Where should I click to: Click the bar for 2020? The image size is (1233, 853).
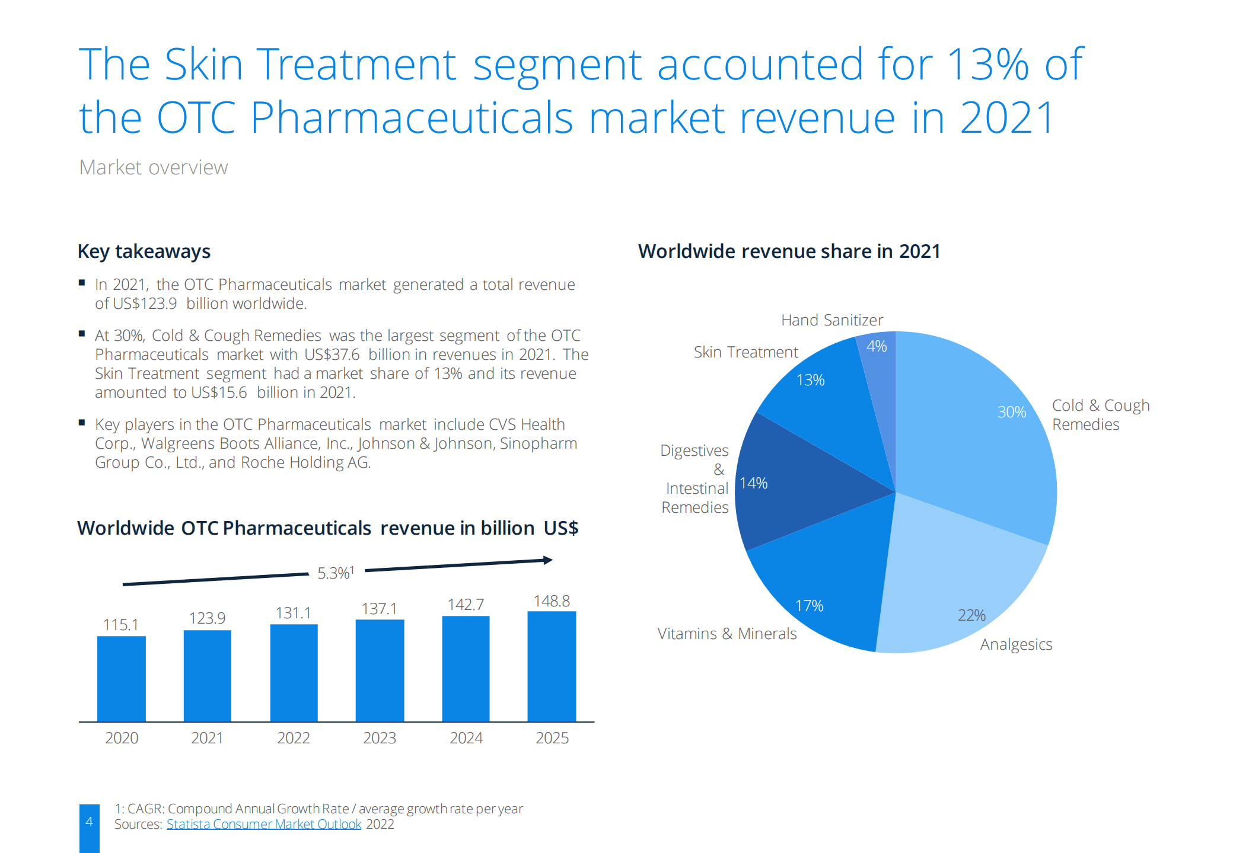(x=121, y=678)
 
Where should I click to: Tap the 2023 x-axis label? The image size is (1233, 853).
(x=380, y=738)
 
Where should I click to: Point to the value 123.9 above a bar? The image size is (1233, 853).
(x=207, y=618)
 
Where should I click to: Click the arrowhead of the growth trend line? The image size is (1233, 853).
(x=548, y=560)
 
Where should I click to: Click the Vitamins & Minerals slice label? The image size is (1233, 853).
(x=727, y=634)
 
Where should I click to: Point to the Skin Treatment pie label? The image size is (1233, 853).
(x=745, y=352)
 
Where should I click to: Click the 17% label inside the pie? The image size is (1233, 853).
(x=810, y=606)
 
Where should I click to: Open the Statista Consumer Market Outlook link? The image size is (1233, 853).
(x=264, y=825)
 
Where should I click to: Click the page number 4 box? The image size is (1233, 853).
(x=90, y=825)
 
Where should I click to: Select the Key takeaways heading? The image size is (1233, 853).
(x=144, y=251)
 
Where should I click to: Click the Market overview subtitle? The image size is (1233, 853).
(x=154, y=168)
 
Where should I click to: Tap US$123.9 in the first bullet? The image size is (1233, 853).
(x=145, y=304)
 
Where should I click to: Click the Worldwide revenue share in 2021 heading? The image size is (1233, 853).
(x=789, y=251)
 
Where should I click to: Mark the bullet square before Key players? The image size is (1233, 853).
(x=82, y=423)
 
